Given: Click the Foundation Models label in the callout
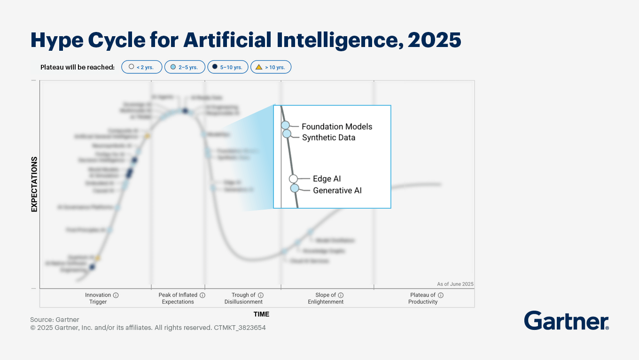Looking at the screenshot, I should point(336,126).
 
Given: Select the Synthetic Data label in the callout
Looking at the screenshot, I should point(328,138).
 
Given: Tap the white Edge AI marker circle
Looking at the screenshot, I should point(293,179).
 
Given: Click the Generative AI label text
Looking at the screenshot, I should point(337,190).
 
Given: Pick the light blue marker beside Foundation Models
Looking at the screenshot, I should point(285,125).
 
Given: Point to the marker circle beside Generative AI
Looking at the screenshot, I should point(295,188).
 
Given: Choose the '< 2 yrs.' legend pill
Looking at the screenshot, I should point(141,67).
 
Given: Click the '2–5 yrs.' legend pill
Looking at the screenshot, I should point(184,67).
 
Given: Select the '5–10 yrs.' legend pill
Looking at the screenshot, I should point(227,67).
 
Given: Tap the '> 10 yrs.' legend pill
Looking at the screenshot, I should point(271,67).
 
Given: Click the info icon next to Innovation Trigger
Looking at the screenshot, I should point(116,295).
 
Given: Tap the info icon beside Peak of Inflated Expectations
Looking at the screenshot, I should point(203,295).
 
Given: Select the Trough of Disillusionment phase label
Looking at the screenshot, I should point(243,298).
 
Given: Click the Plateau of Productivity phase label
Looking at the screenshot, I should point(423,298).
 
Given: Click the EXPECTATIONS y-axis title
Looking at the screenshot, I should point(34,184).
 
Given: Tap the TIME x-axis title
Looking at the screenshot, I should point(261,314).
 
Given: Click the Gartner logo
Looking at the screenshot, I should point(566,321).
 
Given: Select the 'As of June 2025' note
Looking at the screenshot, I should point(455,284).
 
